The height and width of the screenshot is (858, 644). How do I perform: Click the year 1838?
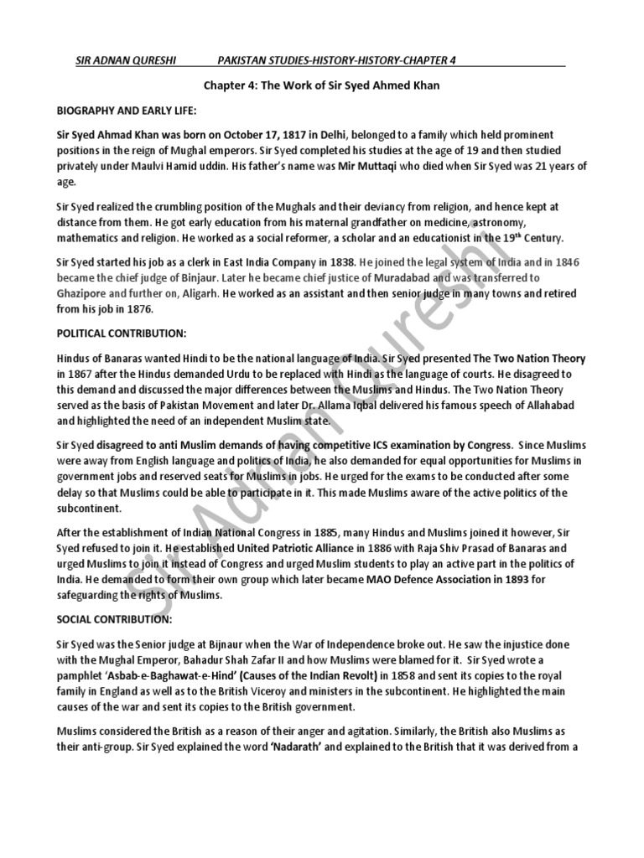345,261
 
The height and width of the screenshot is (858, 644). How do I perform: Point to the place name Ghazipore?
84,292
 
